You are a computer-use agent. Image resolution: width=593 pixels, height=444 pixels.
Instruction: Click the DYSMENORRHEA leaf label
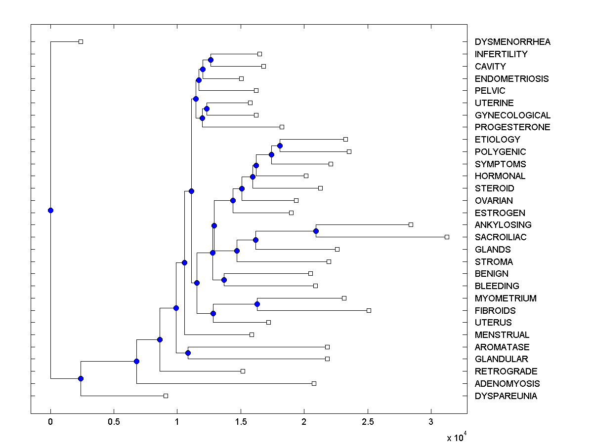coord(512,42)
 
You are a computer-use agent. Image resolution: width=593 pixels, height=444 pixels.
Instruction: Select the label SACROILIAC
coord(501,237)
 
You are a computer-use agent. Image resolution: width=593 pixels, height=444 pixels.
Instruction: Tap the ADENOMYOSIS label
coord(507,384)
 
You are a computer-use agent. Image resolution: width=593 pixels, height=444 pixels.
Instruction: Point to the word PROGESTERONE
coord(512,127)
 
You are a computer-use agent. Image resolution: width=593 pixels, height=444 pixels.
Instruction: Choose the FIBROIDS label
coord(495,311)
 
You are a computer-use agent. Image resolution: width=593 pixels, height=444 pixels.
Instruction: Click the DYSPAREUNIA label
coord(506,396)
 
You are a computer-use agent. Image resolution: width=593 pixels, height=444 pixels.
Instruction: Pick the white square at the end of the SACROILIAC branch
coord(447,237)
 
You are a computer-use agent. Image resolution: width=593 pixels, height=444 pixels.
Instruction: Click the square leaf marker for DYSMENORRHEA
coord(81,42)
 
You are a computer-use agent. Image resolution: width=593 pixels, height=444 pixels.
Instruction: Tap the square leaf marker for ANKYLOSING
coord(411,225)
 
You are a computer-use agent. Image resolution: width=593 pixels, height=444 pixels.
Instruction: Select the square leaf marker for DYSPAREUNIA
coord(166,396)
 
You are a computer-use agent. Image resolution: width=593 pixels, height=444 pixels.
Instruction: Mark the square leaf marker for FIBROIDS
coord(369,311)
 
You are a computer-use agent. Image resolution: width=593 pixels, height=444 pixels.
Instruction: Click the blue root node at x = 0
coord(50,211)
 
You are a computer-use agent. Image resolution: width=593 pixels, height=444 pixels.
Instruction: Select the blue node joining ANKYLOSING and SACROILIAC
coord(316,231)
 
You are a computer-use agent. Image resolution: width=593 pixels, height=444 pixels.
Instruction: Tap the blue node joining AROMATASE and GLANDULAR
coord(188,353)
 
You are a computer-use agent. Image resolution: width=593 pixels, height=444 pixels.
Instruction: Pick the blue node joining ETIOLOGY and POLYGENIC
coord(280,146)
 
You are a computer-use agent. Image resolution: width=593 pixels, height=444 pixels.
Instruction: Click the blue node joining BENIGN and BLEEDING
coord(224,280)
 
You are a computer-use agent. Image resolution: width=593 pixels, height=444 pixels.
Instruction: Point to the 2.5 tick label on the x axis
coord(368,422)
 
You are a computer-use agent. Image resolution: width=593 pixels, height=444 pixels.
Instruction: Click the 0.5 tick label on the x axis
coord(114,422)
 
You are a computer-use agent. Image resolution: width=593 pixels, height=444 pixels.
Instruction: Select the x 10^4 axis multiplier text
coord(456,438)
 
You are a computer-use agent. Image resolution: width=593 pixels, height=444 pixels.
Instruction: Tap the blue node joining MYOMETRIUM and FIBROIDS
coord(257,304)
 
